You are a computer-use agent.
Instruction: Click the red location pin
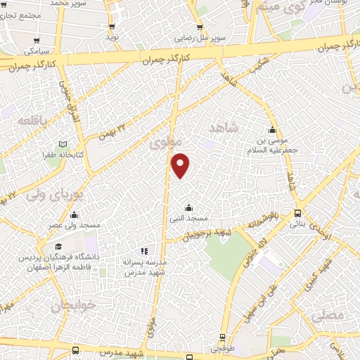pyautogui.click(x=181, y=164)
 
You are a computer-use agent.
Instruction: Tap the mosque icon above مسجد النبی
pyautogui.click(x=188, y=207)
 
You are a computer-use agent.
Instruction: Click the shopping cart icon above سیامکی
pyautogui.click(x=36, y=40)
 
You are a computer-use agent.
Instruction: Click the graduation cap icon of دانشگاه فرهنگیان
pyautogui.click(x=59, y=246)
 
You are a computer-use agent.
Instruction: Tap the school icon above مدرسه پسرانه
pyautogui.click(x=143, y=250)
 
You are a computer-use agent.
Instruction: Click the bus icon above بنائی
pyautogui.click(x=297, y=213)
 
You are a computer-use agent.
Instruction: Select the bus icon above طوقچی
pyautogui.click(x=223, y=337)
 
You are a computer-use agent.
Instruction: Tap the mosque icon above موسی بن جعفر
pyautogui.click(x=273, y=130)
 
